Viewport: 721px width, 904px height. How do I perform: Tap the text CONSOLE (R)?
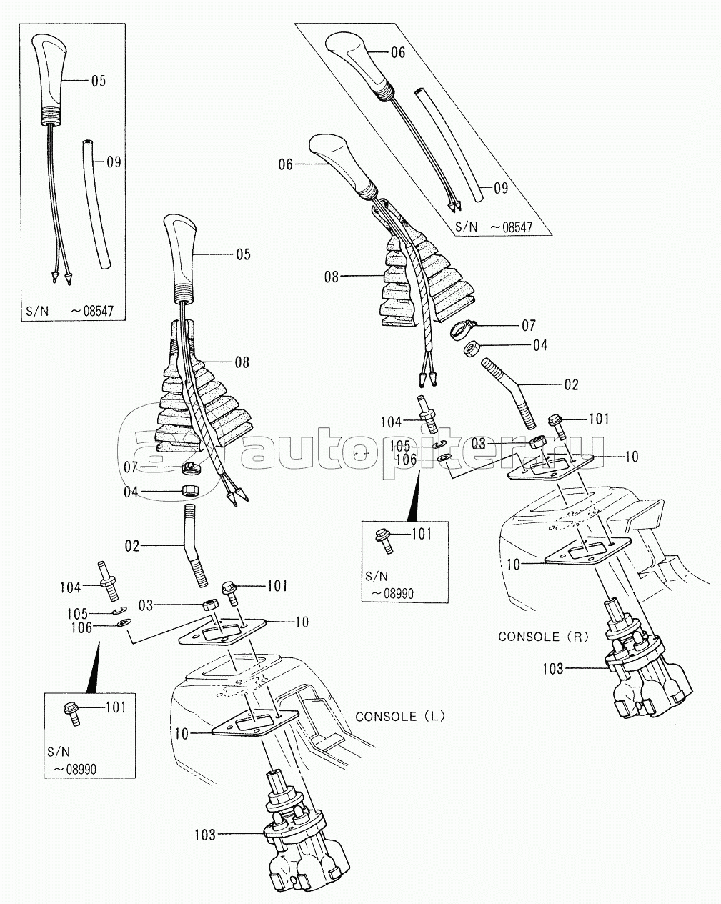click(x=543, y=636)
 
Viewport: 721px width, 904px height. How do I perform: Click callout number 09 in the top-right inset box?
click(x=500, y=188)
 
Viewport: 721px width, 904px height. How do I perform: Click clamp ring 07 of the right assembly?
click(x=463, y=329)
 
